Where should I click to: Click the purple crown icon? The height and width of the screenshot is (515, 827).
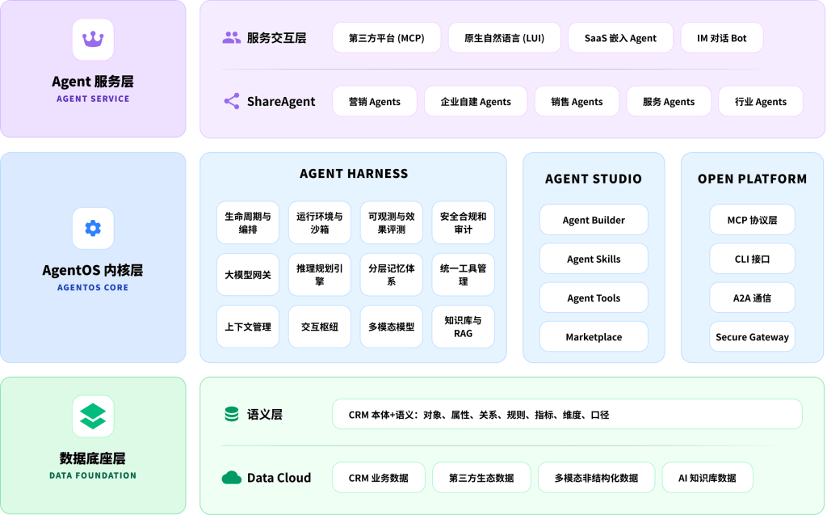pos(93,39)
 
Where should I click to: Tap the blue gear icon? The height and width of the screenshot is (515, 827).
pos(93,228)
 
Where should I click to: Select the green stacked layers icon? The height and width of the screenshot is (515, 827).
pos(93,416)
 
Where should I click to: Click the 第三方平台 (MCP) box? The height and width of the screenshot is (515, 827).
pos(387,38)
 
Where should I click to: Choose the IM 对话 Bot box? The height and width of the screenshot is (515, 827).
pos(721,38)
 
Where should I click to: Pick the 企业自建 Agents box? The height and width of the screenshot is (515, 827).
pos(476,101)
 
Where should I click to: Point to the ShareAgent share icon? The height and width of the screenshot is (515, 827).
pos(232,101)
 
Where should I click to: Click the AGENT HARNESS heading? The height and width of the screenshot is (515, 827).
pos(354,174)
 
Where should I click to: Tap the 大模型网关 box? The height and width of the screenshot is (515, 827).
pos(248,275)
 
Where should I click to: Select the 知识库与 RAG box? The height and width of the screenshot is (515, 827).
pos(463,327)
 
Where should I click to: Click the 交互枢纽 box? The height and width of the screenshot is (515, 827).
pos(320,327)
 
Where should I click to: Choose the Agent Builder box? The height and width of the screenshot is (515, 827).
pos(594,220)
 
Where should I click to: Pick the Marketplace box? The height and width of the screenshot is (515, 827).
pos(594,337)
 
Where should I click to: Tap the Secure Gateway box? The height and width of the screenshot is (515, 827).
pos(752,337)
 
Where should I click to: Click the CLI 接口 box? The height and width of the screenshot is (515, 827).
pos(752,259)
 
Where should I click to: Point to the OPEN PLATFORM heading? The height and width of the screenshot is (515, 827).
pos(752,179)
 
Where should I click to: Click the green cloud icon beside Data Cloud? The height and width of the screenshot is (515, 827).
pos(232,478)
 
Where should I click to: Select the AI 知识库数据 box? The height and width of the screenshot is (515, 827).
pos(707,478)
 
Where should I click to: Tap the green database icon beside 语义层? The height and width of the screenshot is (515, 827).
pos(232,414)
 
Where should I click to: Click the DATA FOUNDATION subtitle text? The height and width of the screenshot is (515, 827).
pos(93,475)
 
